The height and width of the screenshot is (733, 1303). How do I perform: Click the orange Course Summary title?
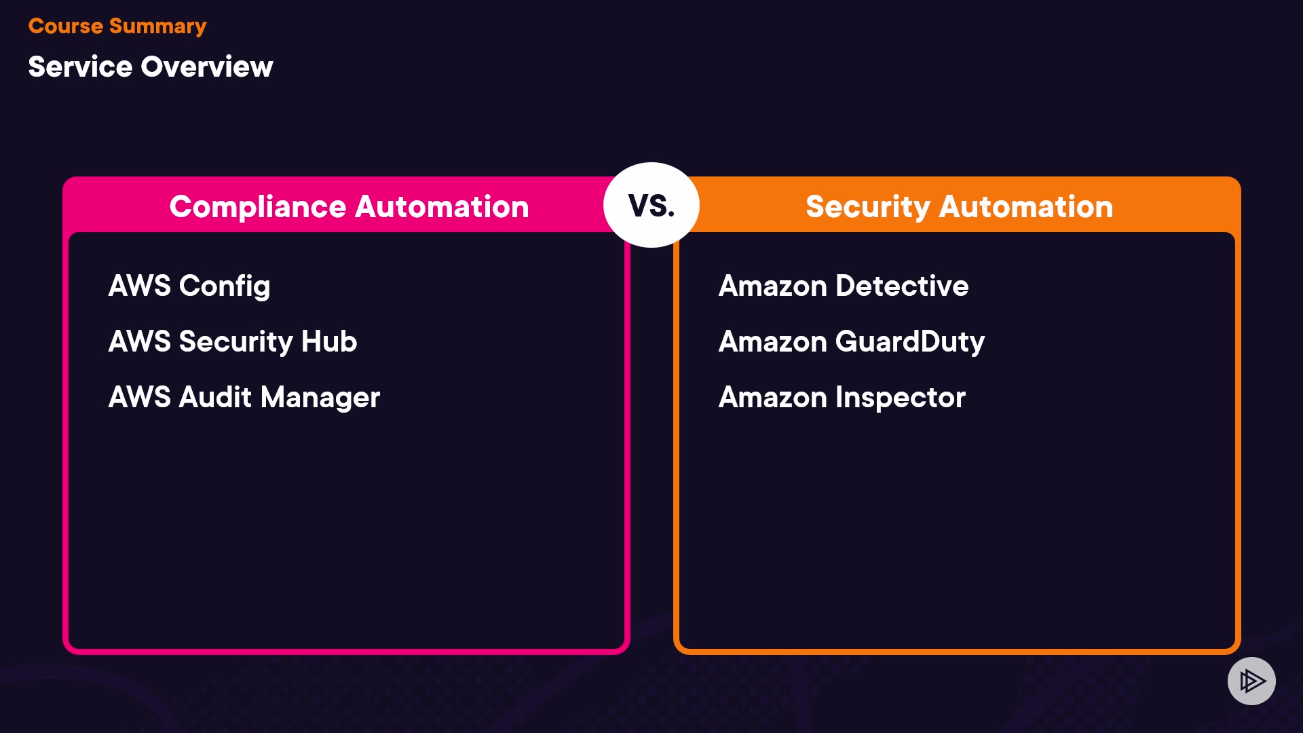click(117, 26)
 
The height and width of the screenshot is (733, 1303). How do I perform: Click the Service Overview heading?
click(151, 67)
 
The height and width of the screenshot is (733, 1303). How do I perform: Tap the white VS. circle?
click(651, 205)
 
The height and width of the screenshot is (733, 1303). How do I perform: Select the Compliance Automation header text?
click(349, 207)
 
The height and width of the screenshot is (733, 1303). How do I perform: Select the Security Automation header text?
click(960, 207)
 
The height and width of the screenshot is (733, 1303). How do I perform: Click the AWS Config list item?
click(189, 286)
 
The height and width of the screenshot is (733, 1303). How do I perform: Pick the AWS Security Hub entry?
click(233, 341)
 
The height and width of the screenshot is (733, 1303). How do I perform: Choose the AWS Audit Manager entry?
click(244, 398)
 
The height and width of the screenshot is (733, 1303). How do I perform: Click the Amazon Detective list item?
click(844, 286)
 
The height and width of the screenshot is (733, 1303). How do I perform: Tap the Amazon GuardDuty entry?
click(852, 341)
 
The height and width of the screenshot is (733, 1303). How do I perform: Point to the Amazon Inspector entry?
click(842, 398)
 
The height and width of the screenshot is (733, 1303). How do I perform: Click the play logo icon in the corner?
click(1251, 681)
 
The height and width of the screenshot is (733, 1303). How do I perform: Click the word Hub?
click(329, 341)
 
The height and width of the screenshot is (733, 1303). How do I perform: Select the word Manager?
click(320, 398)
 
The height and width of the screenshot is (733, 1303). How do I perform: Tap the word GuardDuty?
click(910, 341)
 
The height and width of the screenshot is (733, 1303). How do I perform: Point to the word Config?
click(225, 286)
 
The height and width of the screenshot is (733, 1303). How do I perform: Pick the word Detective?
click(902, 286)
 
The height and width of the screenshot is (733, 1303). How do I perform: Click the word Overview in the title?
click(207, 67)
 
